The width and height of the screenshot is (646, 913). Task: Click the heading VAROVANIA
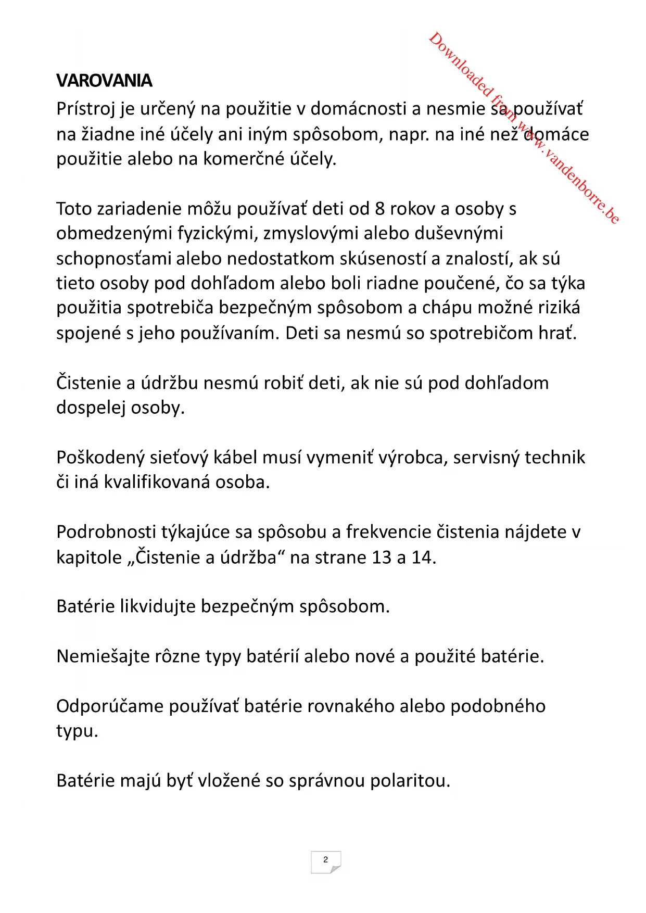[104, 81]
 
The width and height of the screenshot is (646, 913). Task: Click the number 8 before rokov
[380, 209]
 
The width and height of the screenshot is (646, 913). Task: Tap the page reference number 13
[382, 557]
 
